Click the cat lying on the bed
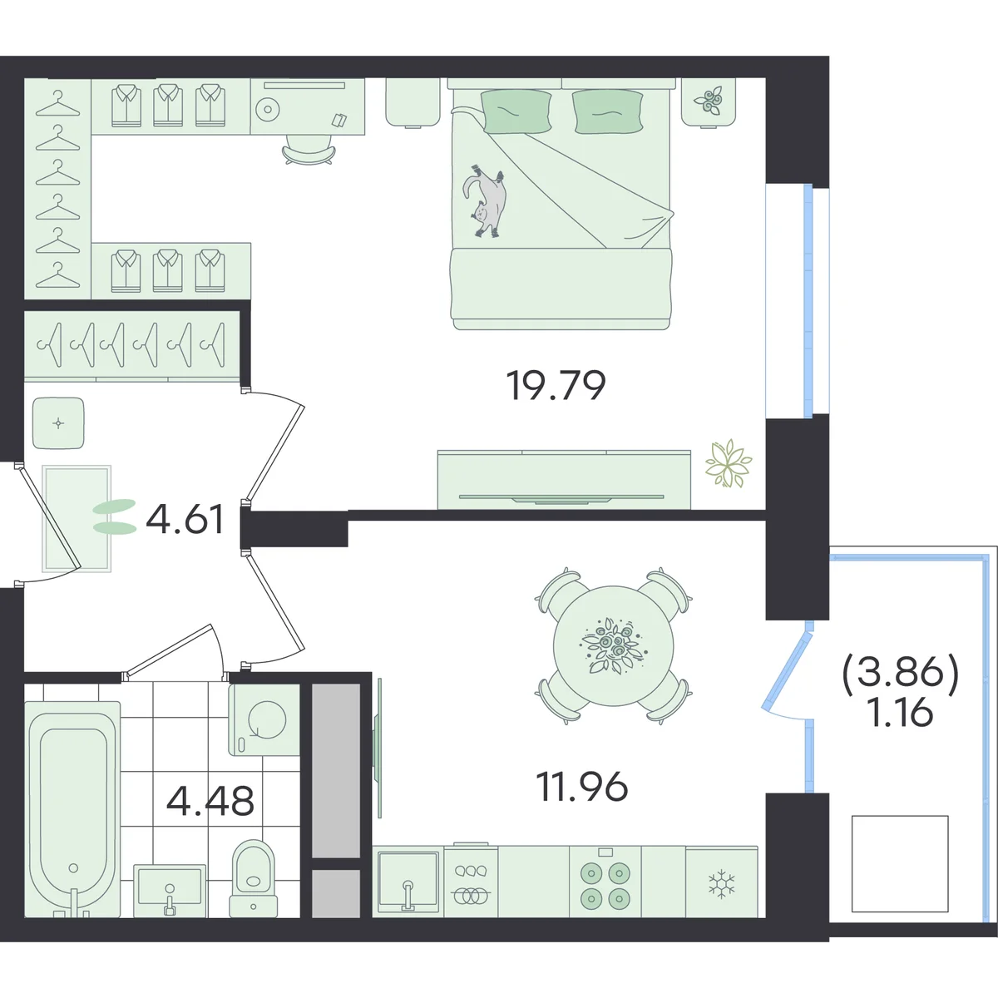486,201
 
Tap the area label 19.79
556,386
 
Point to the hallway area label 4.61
185,519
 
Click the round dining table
613,646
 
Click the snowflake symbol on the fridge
721,884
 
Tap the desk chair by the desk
309,150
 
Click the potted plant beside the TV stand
729,463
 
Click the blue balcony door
783,675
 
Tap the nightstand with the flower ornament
709,102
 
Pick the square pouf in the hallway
58,423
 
